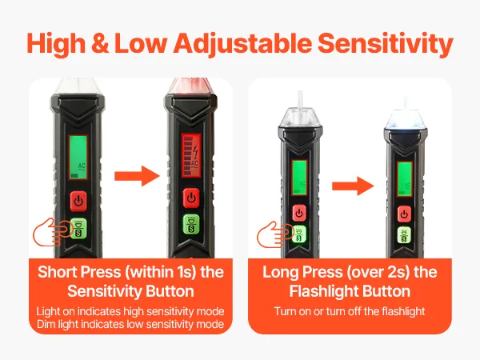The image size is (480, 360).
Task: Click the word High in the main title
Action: tap(56, 43)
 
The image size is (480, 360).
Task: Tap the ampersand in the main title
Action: tap(100, 43)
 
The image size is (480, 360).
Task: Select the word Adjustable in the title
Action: tap(242, 43)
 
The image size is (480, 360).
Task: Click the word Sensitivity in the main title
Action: tap(386, 43)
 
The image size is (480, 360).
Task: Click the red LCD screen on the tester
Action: tap(191, 155)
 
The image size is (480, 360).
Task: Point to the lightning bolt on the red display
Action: tap(195, 153)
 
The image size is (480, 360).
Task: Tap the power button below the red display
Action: tap(191, 198)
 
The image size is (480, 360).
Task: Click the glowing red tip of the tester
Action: tap(190, 86)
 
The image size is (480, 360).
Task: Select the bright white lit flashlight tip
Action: tap(406, 119)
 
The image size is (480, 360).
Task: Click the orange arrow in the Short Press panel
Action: tap(137, 176)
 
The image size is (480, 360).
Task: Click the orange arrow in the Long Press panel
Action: tap(354, 186)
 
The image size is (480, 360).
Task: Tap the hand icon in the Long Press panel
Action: tap(274, 234)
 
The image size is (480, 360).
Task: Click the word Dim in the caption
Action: tap(46, 324)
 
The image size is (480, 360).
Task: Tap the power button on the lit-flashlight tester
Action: tap(404, 214)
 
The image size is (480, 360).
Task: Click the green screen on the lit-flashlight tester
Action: tap(405, 178)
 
